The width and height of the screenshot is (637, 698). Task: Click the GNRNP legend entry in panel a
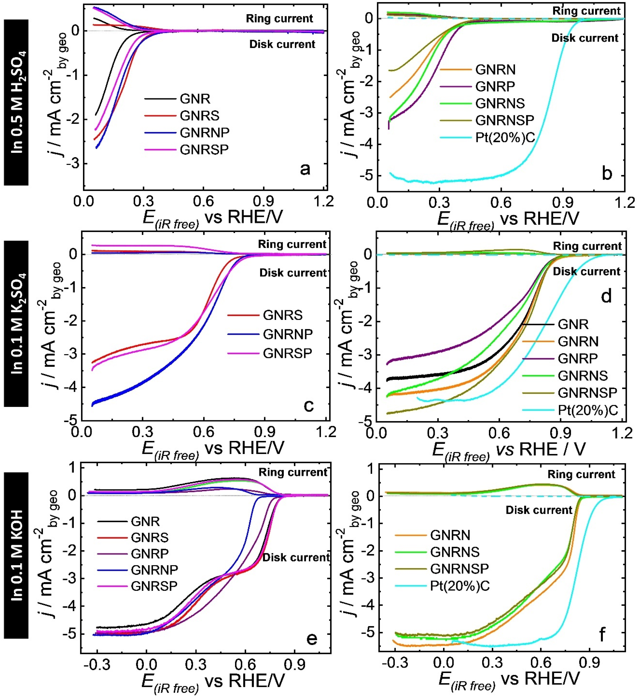point(204,132)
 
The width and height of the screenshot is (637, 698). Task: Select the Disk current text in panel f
point(539,510)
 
